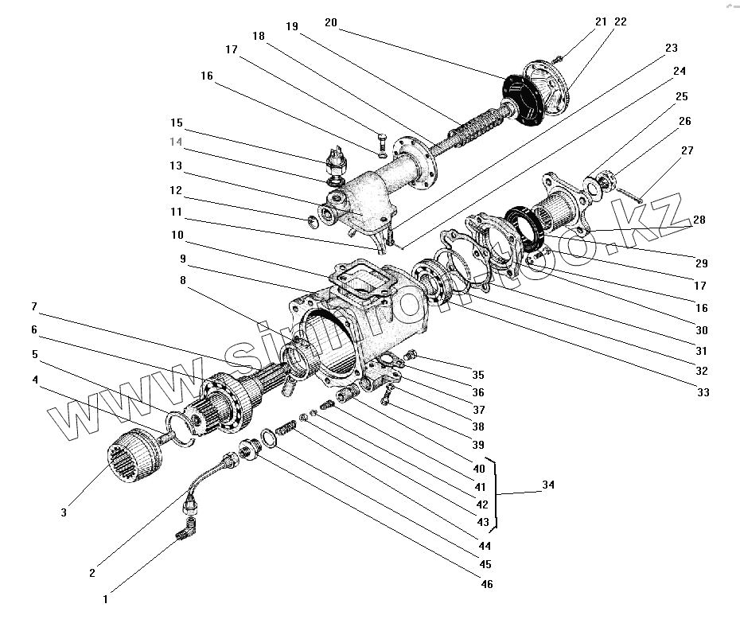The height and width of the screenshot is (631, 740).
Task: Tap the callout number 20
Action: pyautogui.click(x=330, y=22)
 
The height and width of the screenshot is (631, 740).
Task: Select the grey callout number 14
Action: pyautogui.click(x=176, y=142)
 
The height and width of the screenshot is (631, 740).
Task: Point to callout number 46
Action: pyautogui.click(x=487, y=585)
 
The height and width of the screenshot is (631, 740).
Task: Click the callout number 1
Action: pyautogui.click(x=105, y=600)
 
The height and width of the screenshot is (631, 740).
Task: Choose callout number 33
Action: pyautogui.click(x=703, y=392)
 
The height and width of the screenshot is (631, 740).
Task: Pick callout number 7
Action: pyautogui.click(x=34, y=306)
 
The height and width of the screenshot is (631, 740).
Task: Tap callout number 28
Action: pyautogui.click(x=698, y=220)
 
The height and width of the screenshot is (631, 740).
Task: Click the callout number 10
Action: pyautogui.click(x=176, y=236)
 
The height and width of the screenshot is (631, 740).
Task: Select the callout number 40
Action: pyautogui.click(x=478, y=469)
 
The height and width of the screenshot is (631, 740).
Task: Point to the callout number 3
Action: pyautogui.click(x=64, y=512)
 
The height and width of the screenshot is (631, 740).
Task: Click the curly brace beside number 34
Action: pyautogui.click(x=497, y=494)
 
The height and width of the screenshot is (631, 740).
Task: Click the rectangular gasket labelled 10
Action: pyautogui.click(x=354, y=283)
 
